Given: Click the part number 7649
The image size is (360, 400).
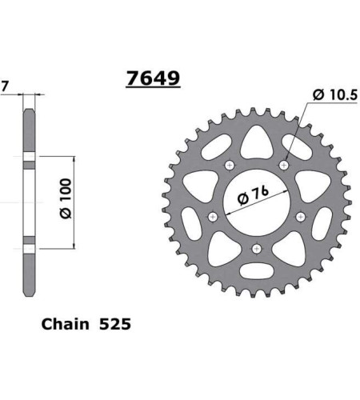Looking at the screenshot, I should (x=152, y=78).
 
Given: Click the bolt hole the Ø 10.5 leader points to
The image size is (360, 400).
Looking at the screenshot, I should (x=282, y=165).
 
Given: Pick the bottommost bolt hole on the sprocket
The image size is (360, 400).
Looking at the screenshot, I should (x=256, y=248).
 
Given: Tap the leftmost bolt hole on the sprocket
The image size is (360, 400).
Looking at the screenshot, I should (x=213, y=217).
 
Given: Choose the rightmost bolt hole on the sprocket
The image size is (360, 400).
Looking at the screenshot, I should (x=300, y=217).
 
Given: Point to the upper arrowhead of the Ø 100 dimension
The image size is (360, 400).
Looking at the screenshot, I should (x=74, y=161).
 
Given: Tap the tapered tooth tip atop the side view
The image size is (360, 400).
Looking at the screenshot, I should (x=30, y=112).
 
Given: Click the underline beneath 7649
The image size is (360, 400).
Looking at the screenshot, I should (x=152, y=89).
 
